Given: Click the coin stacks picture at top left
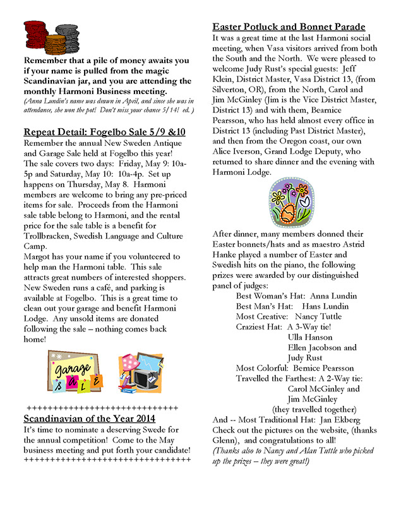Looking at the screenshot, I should pyautogui.click(x=52, y=37).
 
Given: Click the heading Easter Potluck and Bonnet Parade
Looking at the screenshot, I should pyautogui.click(x=289, y=27).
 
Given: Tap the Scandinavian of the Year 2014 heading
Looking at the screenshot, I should pyautogui.click(x=90, y=418).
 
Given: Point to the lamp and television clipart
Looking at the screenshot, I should pyautogui.click(x=140, y=372).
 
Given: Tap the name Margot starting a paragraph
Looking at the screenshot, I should pyautogui.click(x=38, y=256).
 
